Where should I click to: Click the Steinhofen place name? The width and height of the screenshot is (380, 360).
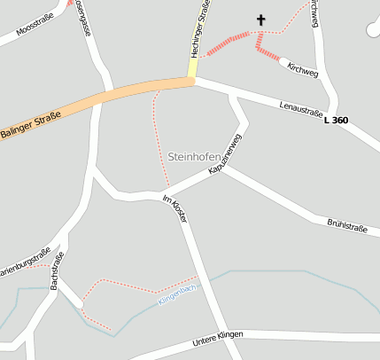194,156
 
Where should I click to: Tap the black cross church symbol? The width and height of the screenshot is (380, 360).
261,19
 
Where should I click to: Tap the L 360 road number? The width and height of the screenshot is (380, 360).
337,120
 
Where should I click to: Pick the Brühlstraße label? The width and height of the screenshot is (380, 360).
346,227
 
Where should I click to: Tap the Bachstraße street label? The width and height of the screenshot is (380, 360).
57,270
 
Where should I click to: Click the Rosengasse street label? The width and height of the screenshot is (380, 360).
82,15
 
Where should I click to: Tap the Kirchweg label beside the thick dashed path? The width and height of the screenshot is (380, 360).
302,70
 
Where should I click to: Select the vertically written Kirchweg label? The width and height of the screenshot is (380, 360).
314,13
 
